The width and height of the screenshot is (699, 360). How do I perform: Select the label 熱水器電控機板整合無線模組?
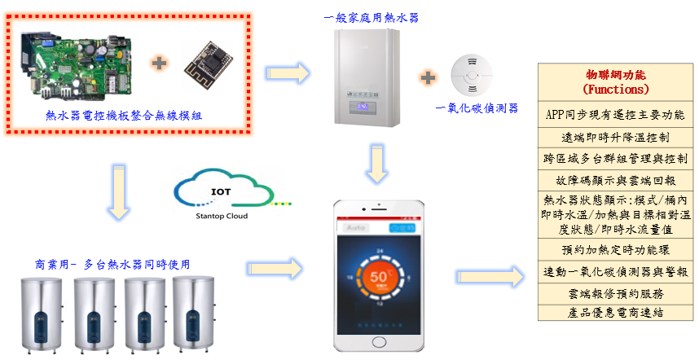pos(124,116)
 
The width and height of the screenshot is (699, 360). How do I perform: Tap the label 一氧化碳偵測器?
pos(477,108)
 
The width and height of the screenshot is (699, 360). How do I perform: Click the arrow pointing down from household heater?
pos(377,164)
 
